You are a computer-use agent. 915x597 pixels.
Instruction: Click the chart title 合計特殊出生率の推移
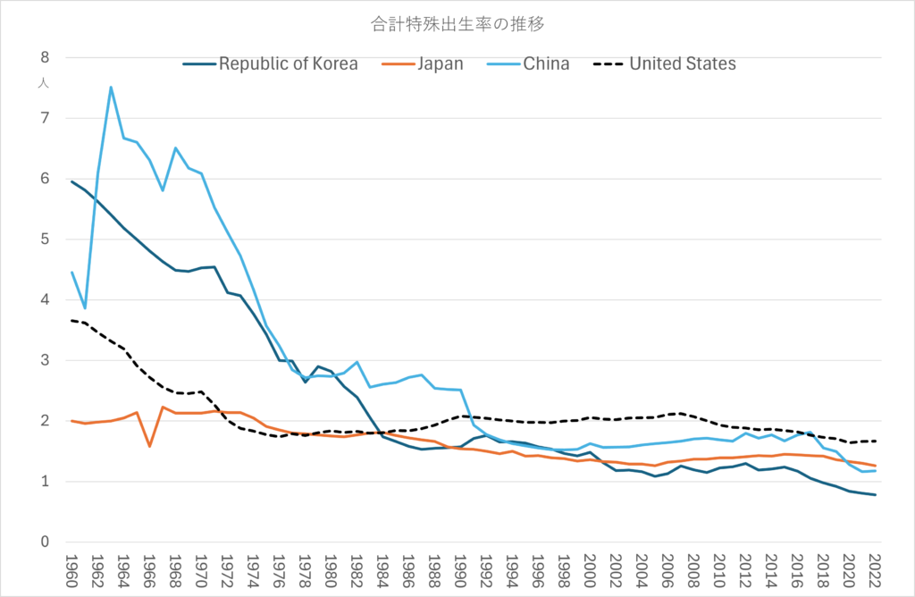click(x=457, y=24)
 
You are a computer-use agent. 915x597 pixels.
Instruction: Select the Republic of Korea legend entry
click(x=288, y=63)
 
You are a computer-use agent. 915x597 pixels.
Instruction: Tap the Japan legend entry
click(x=440, y=63)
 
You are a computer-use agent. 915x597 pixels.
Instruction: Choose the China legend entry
click(x=546, y=63)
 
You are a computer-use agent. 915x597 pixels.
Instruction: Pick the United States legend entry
click(x=683, y=63)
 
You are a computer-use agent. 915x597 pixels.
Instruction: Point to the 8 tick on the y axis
click(x=44, y=57)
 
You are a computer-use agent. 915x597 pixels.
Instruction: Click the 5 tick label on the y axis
click(x=44, y=240)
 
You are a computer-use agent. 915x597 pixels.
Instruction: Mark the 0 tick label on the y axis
click(x=44, y=542)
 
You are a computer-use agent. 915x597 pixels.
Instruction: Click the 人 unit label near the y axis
click(x=43, y=83)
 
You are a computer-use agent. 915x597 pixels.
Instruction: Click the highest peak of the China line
click(x=111, y=87)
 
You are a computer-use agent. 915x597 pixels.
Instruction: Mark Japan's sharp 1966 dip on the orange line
click(x=149, y=446)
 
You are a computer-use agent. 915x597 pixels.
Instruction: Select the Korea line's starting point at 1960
click(x=71, y=181)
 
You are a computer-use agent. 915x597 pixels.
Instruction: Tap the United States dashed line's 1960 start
click(x=71, y=320)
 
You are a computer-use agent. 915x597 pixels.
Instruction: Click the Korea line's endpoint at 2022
click(x=875, y=495)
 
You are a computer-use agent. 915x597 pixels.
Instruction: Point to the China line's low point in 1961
click(x=85, y=308)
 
